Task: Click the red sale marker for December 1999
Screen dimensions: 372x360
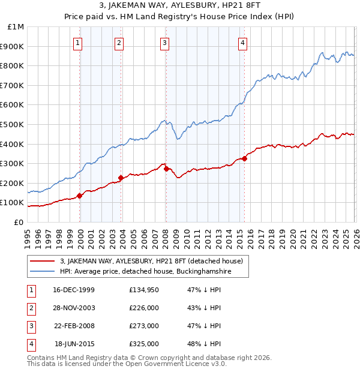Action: tap(80, 196)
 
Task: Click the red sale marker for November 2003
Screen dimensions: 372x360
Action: tap(121, 178)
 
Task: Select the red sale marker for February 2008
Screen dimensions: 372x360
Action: tap(166, 169)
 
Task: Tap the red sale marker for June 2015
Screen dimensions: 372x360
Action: tap(244, 158)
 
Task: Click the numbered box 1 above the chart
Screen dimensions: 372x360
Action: tap(79, 43)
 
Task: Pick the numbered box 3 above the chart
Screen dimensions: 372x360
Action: tap(164, 43)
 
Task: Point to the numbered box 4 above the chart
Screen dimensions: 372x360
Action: tap(242, 43)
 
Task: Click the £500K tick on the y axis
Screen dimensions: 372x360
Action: tap(13, 124)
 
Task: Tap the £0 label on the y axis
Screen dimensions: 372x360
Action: tap(19, 222)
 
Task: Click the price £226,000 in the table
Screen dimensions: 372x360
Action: tap(143, 308)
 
